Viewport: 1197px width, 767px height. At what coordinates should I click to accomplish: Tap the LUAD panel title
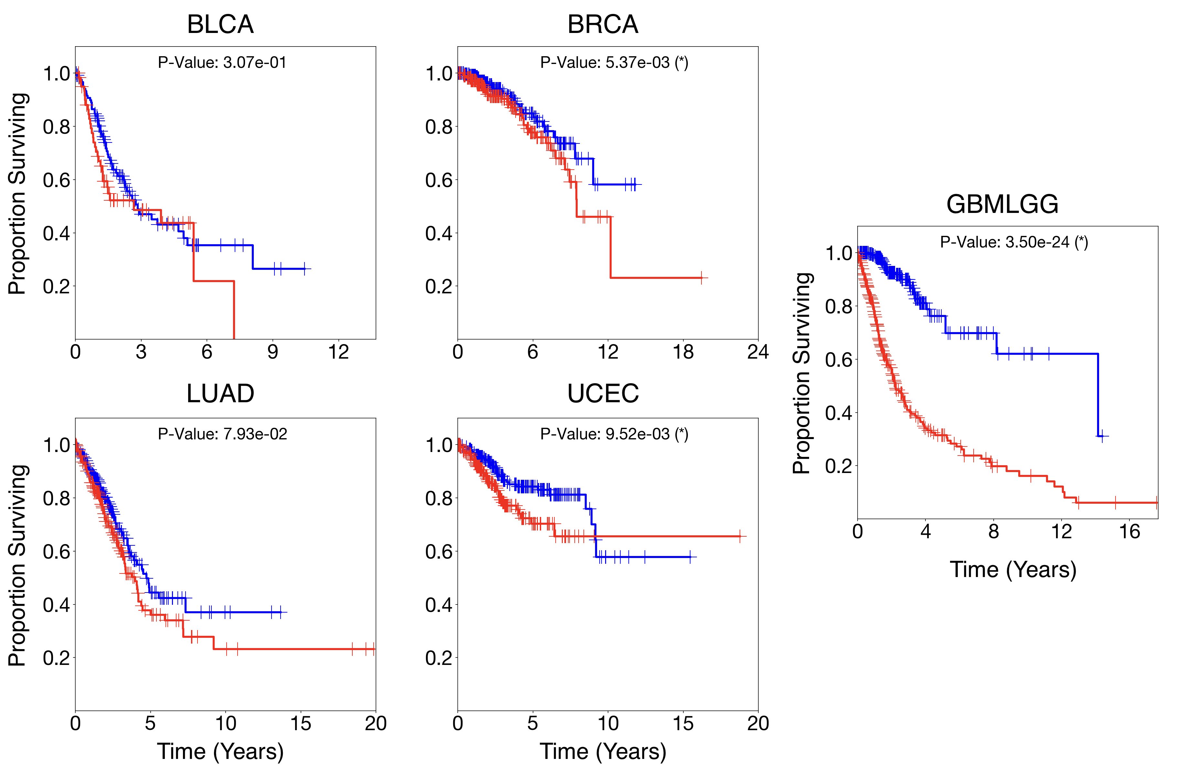click(220, 394)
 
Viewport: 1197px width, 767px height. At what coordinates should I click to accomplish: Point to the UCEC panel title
click(603, 394)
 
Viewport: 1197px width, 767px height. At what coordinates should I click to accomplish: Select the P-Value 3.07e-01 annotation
click(222, 63)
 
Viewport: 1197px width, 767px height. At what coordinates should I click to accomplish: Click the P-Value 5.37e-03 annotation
click(614, 63)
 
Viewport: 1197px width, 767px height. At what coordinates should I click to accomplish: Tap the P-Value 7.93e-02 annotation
click(222, 434)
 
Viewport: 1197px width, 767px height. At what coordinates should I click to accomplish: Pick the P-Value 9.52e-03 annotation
click(614, 434)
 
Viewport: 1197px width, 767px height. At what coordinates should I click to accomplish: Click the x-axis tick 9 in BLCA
click(273, 352)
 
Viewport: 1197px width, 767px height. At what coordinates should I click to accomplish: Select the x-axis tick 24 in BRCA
click(757, 352)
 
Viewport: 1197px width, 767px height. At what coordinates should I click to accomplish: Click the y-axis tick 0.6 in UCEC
click(439, 552)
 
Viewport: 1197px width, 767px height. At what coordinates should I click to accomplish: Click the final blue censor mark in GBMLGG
click(1102, 436)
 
